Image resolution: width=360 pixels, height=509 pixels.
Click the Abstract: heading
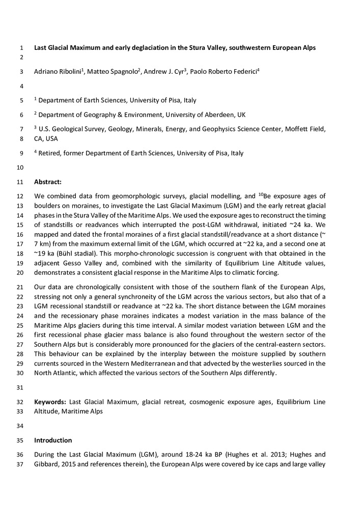click(x=48, y=181)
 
